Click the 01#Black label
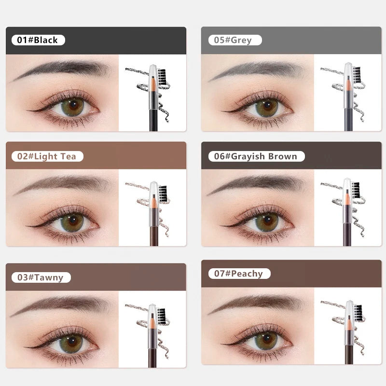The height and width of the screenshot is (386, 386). tap(37, 40)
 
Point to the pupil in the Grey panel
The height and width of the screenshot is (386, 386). tap(267, 107)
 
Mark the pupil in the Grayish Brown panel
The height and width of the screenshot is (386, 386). tap(266, 222)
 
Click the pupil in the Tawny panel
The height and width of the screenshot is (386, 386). tap(73, 344)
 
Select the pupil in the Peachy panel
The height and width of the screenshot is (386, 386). tap(267, 341)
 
